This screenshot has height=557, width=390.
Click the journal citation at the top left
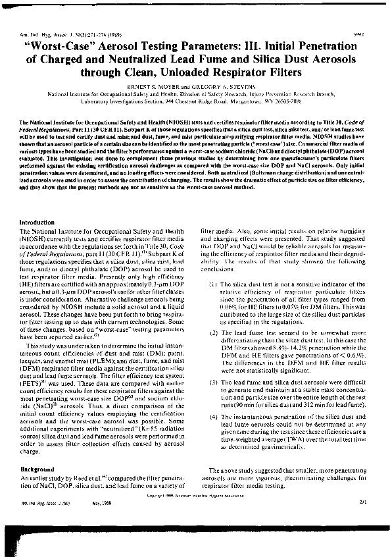click(x=59, y=33)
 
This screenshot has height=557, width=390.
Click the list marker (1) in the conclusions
click(x=212, y=283)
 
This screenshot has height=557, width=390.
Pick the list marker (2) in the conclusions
click(x=212, y=332)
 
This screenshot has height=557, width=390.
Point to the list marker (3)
click(x=212, y=383)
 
